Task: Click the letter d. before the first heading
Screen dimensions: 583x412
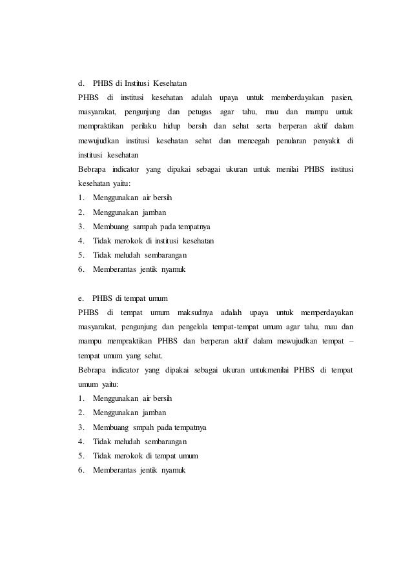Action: coord(81,83)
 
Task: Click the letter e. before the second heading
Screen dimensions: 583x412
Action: coord(81,298)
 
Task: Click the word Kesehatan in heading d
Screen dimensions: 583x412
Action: coord(170,83)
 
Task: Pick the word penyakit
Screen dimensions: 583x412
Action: coord(329,140)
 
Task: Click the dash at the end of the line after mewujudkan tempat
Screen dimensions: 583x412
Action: coord(351,342)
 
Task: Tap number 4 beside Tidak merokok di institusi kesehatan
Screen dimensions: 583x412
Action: coord(81,241)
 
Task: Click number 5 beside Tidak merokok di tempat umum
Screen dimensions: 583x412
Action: coord(81,456)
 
